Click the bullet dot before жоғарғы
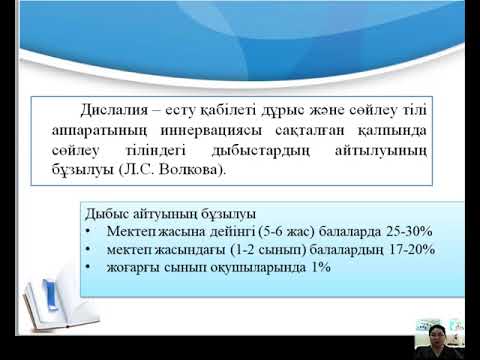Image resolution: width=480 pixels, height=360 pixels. point(90,268)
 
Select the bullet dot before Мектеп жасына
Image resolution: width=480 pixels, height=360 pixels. point(90,232)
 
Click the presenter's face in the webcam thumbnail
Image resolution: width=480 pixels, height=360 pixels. point(438,327)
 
